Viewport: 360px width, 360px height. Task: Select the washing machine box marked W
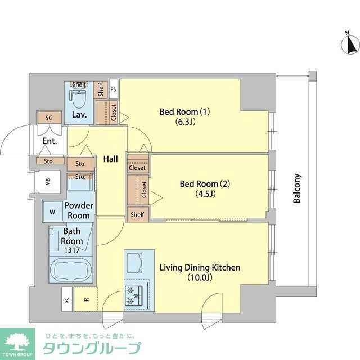52,212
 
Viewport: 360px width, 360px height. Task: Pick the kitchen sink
136,263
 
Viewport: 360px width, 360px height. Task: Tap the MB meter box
48,182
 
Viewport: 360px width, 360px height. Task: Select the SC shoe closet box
48,118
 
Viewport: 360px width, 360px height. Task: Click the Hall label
110,160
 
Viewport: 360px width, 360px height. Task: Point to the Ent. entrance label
49,142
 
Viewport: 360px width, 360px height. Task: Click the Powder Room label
79,211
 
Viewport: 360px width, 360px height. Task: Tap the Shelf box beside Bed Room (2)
137,215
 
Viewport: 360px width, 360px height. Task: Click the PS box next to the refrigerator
67,301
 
